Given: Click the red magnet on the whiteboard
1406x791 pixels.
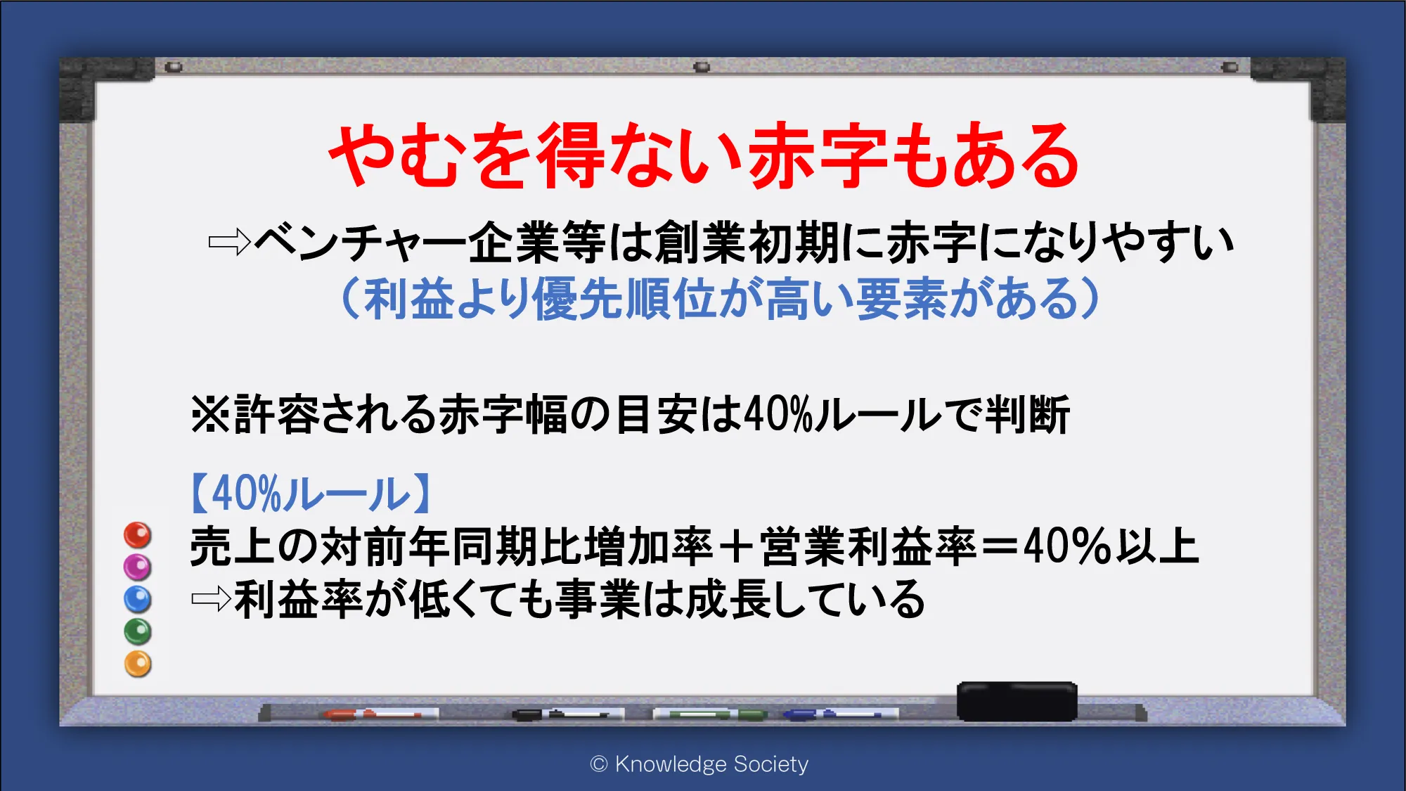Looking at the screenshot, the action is coord(138,535).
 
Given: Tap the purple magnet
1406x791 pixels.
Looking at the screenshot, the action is coord(137,567).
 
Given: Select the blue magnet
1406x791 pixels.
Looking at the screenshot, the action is coord(137,599).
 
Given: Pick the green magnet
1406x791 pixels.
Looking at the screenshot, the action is coord(138,631).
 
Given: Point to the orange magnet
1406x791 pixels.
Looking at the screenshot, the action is coord(138,664).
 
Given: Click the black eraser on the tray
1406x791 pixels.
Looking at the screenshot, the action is coord(1017,701).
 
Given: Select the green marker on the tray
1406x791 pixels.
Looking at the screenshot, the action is coord(710,714).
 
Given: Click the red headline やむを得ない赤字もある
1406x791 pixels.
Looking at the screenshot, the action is coord(704,155).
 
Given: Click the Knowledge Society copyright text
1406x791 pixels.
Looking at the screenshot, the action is coord(699,764).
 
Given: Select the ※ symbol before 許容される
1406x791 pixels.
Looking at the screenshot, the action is coord(210,414).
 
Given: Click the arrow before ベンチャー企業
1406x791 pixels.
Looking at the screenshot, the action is coord(230,243).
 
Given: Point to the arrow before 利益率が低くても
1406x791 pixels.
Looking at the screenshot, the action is coord(212,599).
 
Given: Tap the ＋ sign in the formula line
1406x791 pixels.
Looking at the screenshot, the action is coord(737,547).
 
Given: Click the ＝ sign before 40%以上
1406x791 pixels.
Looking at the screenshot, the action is coord(1000,547).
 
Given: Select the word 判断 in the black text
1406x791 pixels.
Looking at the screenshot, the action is coord(1028,414).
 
